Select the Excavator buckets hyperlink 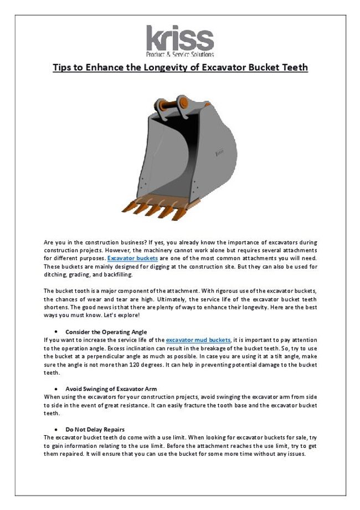click(133, 259)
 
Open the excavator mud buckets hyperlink click(198, 339)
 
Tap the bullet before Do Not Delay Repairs click(57, 430)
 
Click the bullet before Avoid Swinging click(57, 389)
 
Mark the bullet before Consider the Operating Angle click(57, 331)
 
